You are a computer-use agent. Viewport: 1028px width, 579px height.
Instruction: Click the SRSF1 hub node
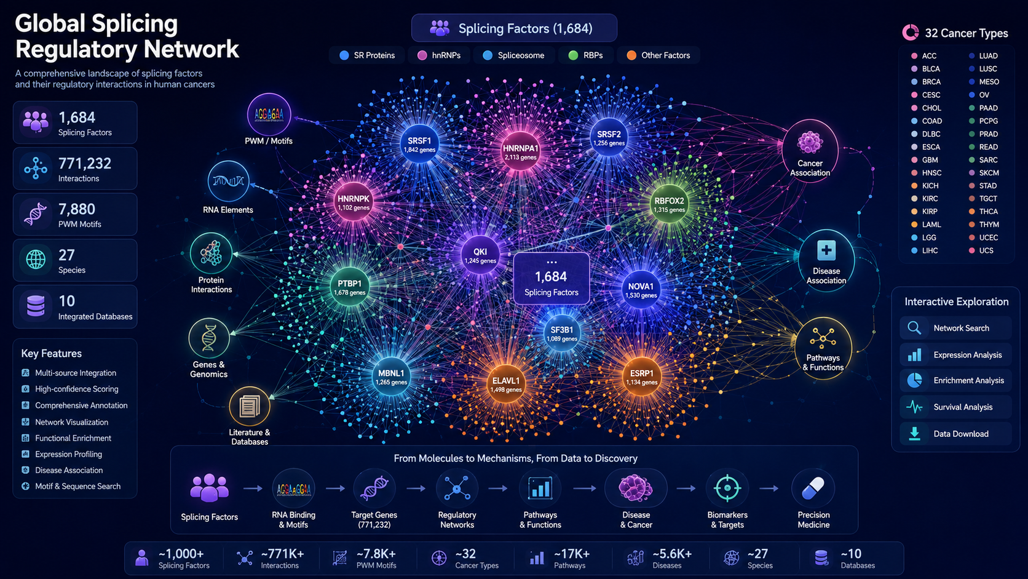pos(419,144)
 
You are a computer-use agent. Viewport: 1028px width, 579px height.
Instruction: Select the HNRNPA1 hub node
pos(520,151)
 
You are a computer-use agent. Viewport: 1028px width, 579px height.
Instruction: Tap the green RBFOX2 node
pos(669,204)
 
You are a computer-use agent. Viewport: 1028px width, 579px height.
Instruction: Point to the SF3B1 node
pos(562,333)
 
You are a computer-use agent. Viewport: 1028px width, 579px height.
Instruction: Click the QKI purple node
pos(480,255)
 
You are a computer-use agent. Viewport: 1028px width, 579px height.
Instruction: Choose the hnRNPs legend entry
pos(439,55)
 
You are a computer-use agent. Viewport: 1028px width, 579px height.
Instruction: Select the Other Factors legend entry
pos(658,55)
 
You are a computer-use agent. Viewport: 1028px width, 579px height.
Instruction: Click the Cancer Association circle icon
pos(810,151)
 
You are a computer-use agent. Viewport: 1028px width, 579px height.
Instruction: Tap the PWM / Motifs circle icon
pos(269,115)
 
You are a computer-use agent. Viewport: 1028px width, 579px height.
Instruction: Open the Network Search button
pos(955,329)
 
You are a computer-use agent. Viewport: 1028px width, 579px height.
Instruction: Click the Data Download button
pos(955,434)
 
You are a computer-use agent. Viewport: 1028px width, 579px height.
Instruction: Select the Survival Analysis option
pos(955,407)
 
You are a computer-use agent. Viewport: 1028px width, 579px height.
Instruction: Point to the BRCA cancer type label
pos(931,82)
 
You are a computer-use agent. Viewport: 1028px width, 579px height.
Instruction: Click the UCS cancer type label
pos(986,250)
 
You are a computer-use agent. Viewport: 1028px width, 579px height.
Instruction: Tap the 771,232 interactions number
pos(84,164)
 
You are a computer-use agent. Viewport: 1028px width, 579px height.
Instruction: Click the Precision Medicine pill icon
pos(813,489)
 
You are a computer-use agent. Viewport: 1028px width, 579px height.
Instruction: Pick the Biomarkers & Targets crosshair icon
pos(727,489)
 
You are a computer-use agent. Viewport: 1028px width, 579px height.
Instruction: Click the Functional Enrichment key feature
pos(73,438)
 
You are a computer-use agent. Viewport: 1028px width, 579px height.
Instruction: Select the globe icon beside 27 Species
pos(36,260)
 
